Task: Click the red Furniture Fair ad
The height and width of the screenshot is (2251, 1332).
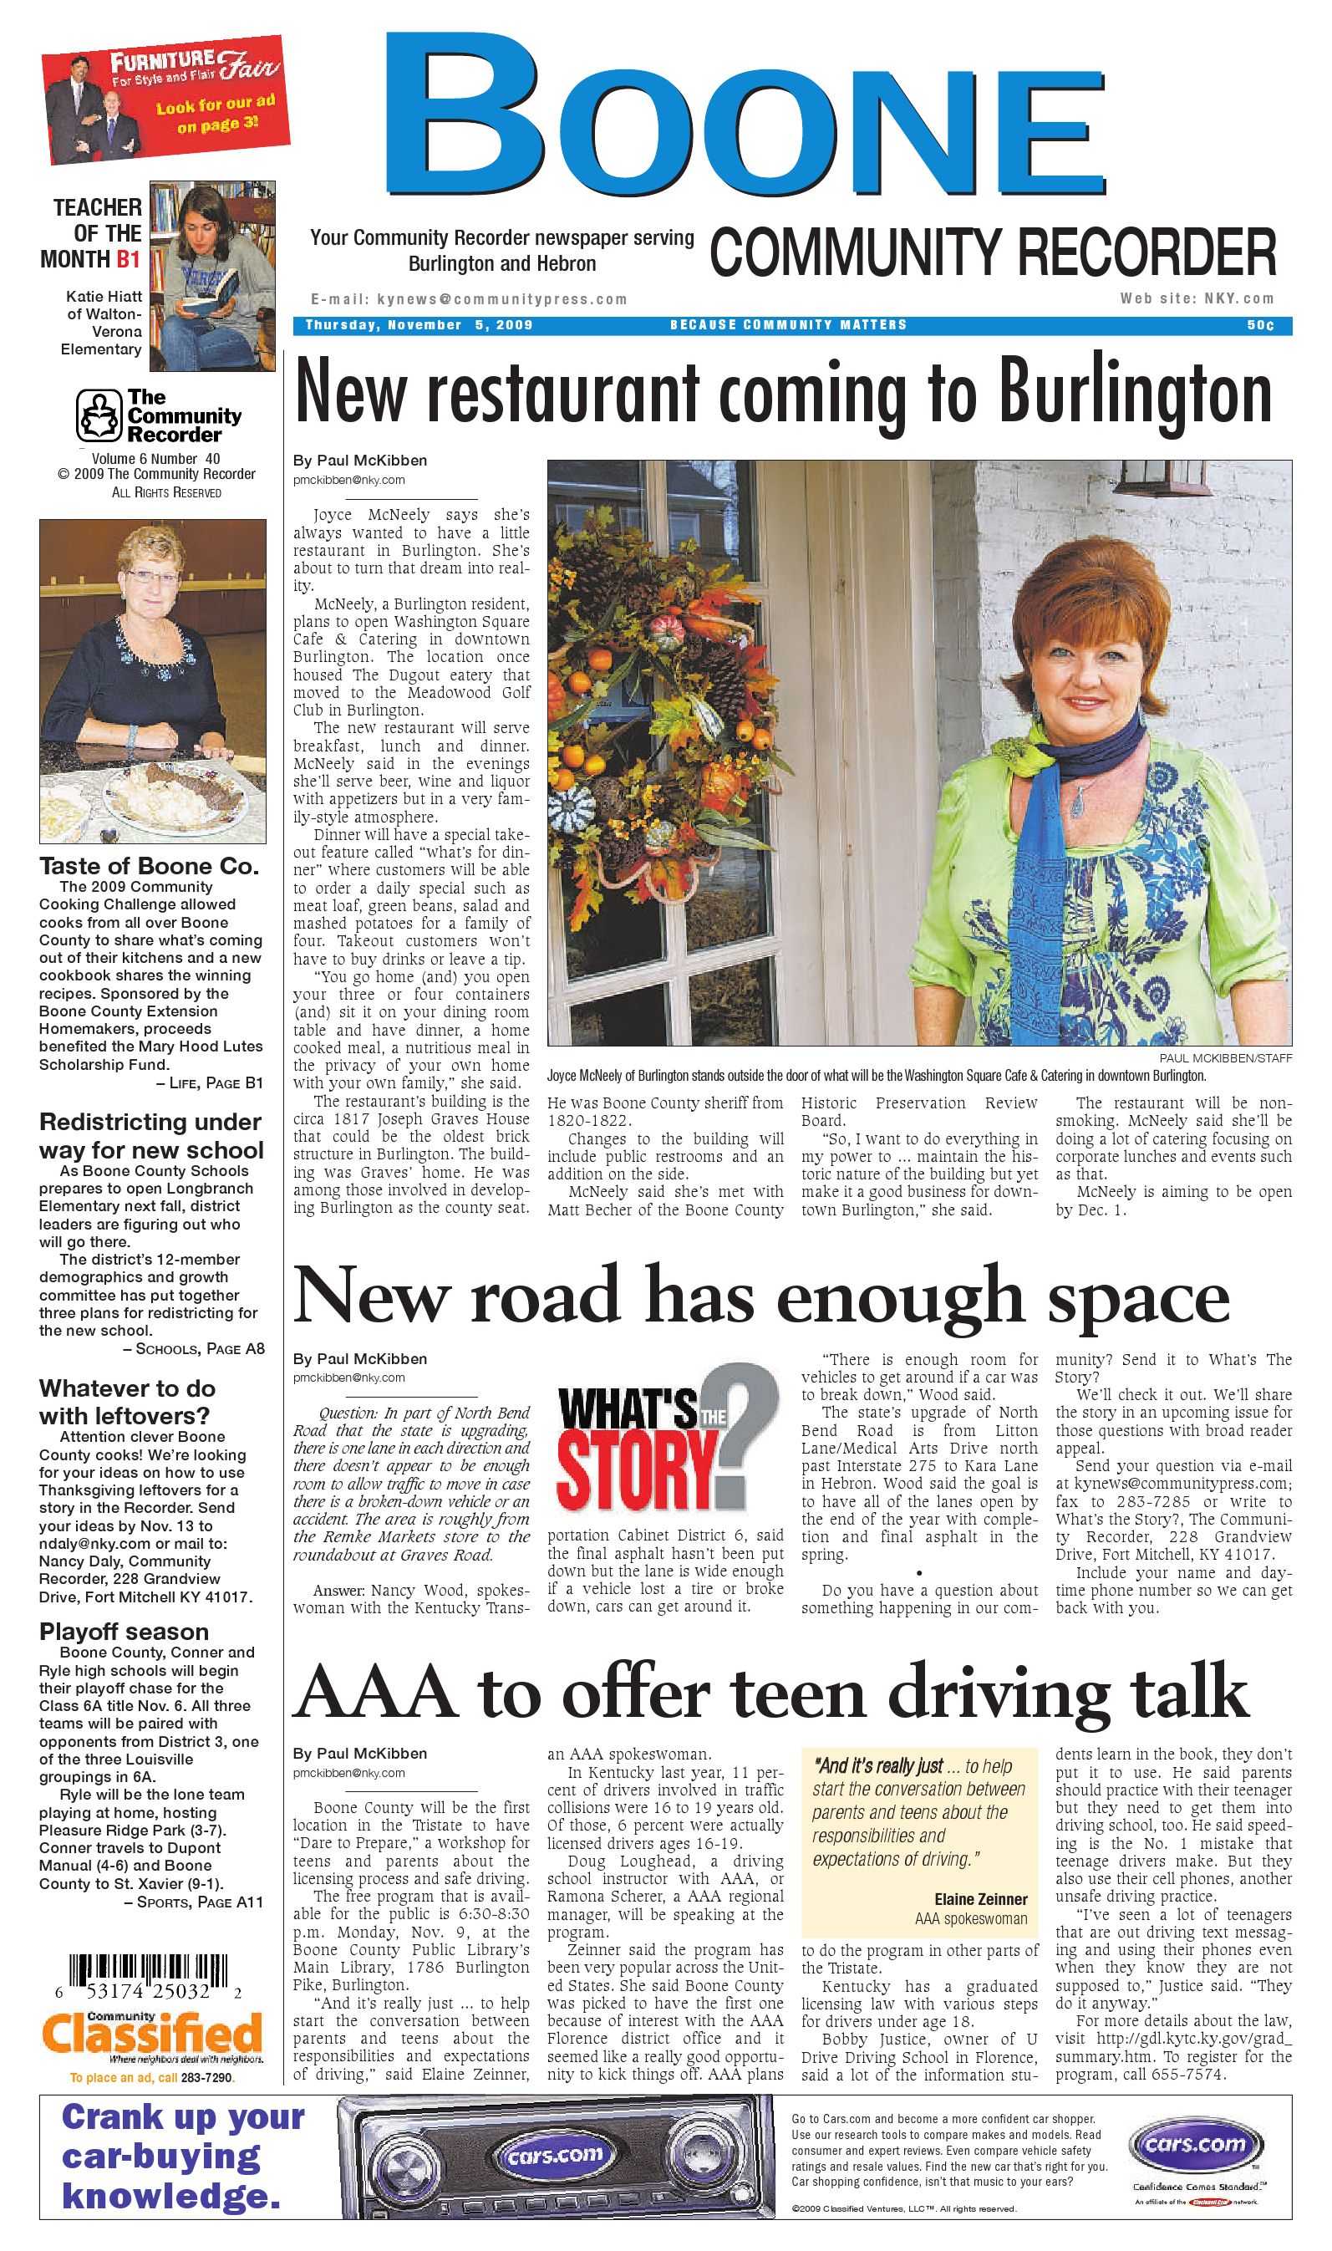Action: click(x=165, y=99)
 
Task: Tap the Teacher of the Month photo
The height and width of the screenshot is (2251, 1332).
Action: click(x=213, y=276)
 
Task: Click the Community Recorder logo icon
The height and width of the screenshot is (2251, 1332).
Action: click(x=98, y=415)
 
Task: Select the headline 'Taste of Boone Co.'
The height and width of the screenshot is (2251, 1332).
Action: click(x=149, y=866)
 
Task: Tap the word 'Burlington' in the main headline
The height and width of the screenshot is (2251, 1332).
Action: click(x=1136, y=393)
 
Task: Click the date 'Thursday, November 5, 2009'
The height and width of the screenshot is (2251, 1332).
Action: click(x=419, y=325)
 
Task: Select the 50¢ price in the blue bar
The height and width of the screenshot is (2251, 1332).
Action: click(x=1259, y=325)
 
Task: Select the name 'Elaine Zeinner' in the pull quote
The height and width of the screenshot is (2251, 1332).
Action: click(x=980, y=1899)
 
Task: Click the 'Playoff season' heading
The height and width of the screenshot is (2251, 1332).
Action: click(x=124, y=1632)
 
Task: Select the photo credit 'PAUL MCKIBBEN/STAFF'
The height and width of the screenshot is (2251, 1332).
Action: click(x=1225, y=1058)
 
